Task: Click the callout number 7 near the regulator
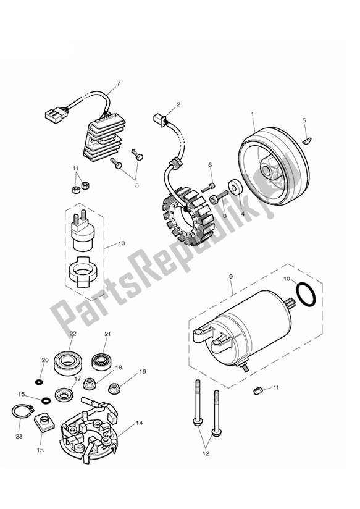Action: point(118,83)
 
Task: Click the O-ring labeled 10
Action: point(305,294)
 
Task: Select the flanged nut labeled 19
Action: point(114,389)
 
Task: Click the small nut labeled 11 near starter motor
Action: point(259,389)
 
